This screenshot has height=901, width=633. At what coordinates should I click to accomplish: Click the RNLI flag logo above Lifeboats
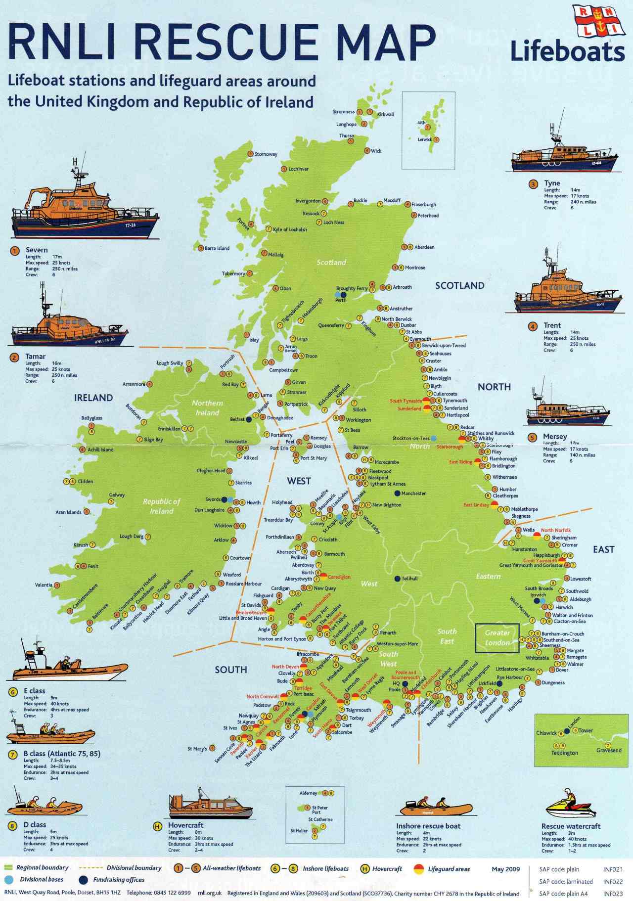[x=598, y=22]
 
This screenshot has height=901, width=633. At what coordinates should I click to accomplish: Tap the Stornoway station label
[x=266, y=154]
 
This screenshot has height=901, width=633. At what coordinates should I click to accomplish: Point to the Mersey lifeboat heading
[x=555, y=437]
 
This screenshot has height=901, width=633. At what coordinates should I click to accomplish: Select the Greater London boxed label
[x=497, y=638]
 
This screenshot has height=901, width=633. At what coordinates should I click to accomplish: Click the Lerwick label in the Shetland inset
[x=425, y=139]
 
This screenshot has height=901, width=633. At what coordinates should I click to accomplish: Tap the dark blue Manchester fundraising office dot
[x=397, y=493]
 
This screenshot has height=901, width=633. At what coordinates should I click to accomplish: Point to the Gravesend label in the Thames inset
[x=609, y=750]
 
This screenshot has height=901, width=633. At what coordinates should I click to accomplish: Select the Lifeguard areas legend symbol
[x=419, y=869]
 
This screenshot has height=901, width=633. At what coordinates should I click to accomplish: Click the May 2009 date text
[x=505, y=869]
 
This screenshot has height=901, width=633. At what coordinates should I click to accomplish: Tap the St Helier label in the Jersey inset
[x=299, y=830]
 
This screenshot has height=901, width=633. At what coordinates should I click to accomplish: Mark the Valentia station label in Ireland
[x=44, y=585]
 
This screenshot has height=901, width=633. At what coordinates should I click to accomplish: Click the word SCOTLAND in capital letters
[x=459, y=285]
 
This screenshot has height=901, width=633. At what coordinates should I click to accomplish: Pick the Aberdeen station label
[x=424, y=247]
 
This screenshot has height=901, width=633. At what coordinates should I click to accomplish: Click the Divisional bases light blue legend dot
[x=8, y=880]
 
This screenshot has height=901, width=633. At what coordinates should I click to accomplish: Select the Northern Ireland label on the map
[x=207, y=408]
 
